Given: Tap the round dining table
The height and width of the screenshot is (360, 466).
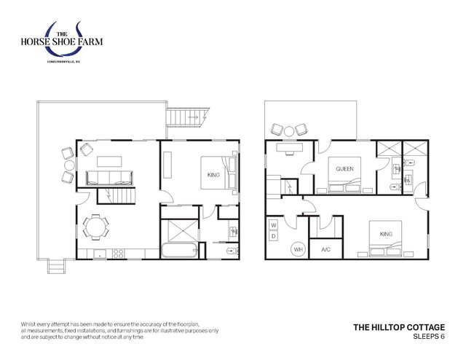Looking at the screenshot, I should [x=95, y=227].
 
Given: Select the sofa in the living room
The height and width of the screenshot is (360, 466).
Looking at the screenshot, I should [x=108, y=176].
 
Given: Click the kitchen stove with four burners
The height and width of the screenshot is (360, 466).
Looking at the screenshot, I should [x=116, y=254].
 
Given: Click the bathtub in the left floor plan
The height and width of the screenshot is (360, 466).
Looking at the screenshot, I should [x=178, y=252].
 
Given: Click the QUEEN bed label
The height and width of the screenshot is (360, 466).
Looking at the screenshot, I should [x=345, y=168].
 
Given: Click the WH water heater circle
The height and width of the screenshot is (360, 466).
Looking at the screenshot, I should [x=298, y=249].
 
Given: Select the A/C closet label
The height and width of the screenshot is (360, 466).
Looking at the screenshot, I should [x=325, y=249].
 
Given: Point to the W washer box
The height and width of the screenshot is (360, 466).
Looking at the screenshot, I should [x=273, y=224].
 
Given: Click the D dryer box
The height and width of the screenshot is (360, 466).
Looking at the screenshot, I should [x=273, y=236].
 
